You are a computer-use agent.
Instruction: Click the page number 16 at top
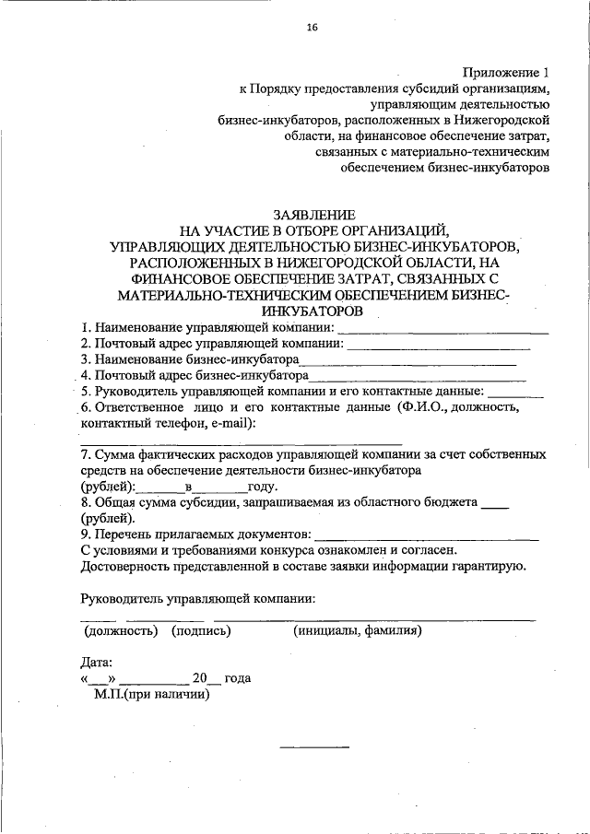[x=312, y=28]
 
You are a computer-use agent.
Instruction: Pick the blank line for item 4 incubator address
[x=417, y=379]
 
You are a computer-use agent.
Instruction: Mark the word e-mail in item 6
[x=232, y=423]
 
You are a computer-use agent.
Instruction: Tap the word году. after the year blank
[x=263, y=486]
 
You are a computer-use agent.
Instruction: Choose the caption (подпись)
[x=200, y=631]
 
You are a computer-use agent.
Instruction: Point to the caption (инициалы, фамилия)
[x=358, y=631]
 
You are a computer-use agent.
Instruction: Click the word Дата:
[x=98, y=661]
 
